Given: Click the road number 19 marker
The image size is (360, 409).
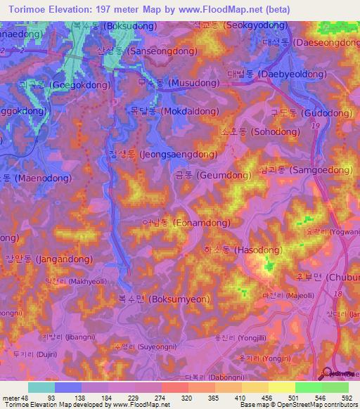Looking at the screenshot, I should pyautogui.click(x=314, y=124).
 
